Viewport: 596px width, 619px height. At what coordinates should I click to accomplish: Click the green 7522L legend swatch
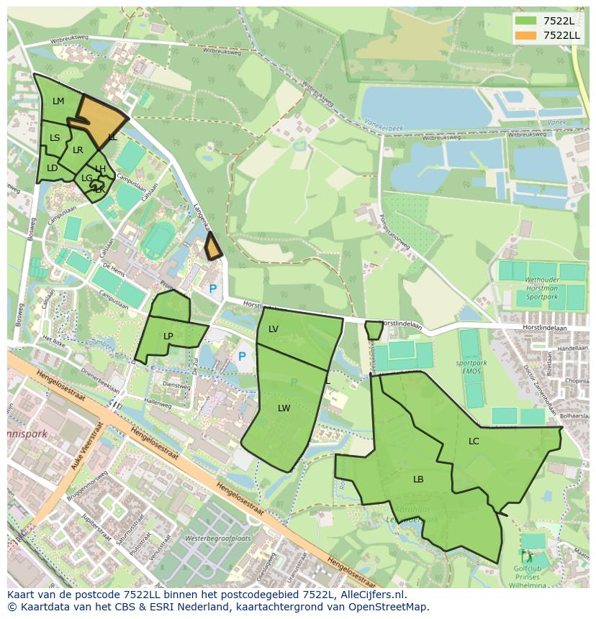(x=525, y=21)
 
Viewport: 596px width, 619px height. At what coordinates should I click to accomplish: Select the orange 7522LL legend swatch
(x=525, y=35)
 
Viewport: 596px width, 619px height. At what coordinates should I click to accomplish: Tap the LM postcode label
(x=58, y=101)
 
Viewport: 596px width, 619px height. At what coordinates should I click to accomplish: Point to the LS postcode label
(x=55, y=137)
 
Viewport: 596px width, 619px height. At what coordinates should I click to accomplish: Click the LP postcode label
(x=168, y=336)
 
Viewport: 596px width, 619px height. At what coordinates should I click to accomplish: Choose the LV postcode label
(x=274, y=329)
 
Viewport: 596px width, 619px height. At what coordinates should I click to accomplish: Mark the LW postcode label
(x=284, y=408)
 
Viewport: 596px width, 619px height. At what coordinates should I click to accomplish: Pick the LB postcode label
(x=418, y=479)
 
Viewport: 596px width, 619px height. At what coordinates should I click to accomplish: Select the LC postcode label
(x=474, y=441)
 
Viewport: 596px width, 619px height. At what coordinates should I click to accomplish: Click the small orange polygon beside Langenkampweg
(x=213, y=248)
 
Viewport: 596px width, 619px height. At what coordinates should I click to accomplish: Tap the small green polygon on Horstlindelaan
(x=374, y=330)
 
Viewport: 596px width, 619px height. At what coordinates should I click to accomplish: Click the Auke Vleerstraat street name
(x=83, y=449)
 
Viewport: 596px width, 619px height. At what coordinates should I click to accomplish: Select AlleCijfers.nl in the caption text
(x=372, y=595)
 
